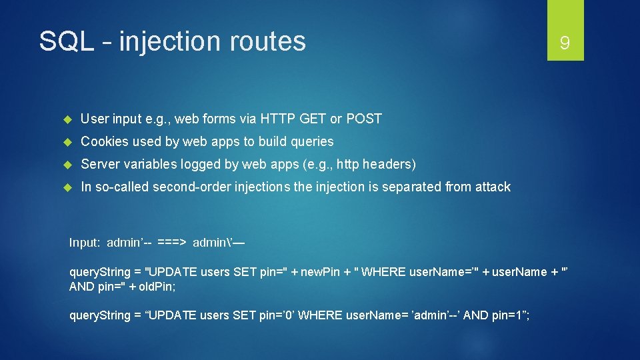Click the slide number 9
point(565,44)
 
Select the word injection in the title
point(171,41)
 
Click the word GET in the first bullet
point(313,119)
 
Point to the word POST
point(363,119)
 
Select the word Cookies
point(104,142)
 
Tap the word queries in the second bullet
point(310,142)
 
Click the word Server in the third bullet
point(100,165)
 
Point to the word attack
point(493,187)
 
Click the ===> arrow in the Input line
point(172,243)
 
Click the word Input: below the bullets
point(85,243)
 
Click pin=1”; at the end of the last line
point(511,315)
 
